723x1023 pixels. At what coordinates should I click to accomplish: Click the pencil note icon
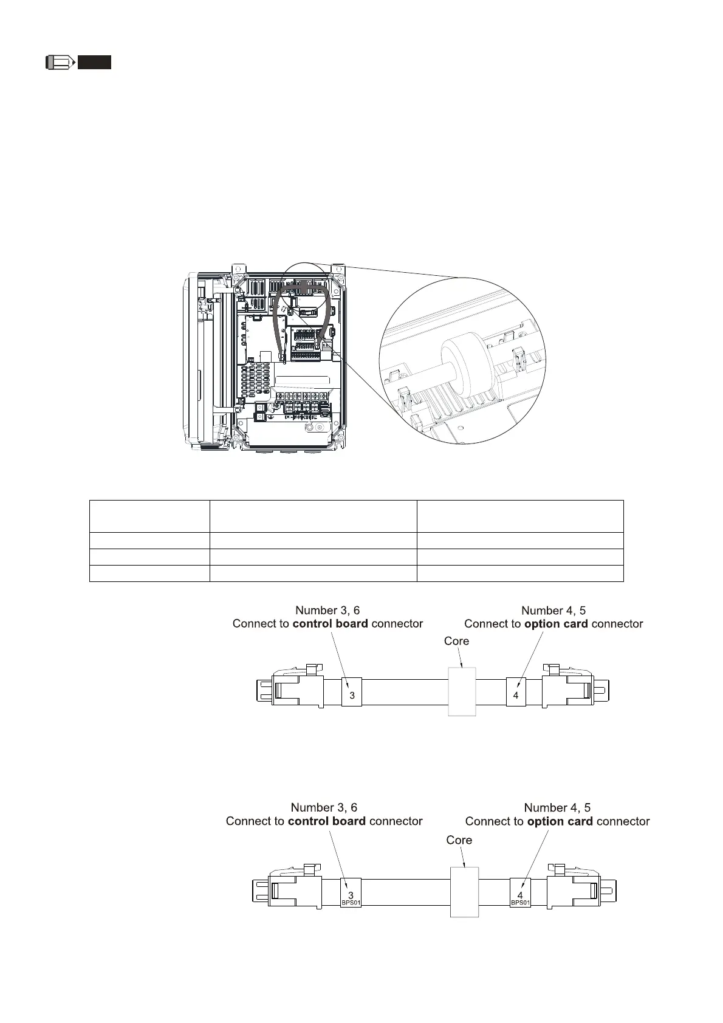coord(60,62)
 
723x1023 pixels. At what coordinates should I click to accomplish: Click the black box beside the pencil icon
coord(94,62)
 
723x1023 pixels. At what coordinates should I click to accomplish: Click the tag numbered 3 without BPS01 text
coord(352,692)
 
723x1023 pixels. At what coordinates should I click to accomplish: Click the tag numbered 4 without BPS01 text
coord(516,692)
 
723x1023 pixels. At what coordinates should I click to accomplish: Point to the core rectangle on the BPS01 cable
coord(464,892)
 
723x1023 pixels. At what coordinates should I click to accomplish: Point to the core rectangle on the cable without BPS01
coord(462,691)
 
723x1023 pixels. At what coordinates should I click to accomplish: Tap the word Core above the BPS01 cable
coord(459,840)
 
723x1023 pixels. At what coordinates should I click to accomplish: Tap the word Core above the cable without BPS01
coord(456,641)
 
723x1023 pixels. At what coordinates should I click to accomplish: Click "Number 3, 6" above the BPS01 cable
coord(324,808)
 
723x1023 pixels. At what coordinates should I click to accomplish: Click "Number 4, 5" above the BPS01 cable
coord(557,808)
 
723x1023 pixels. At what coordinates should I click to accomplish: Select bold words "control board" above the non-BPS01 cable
coord(330,624)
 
